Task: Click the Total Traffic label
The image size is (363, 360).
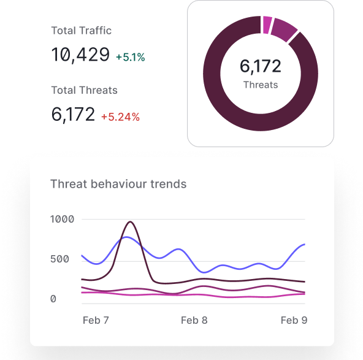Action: pos(81,31)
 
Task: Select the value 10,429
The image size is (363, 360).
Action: pos(80,55)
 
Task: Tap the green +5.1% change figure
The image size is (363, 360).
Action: pos(130,57)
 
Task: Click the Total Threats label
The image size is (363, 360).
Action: pos(84,90)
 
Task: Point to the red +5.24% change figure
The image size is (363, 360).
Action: pos(120,117)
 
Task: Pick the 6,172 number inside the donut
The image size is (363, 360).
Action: pos(261,67)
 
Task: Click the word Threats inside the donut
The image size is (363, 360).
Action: pos(261,85)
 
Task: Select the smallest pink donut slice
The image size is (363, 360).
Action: pos(267,25)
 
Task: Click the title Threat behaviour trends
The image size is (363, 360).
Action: pos(118,183)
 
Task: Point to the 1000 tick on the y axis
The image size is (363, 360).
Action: pos(62,219)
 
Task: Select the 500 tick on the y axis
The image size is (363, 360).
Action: pos(59,259)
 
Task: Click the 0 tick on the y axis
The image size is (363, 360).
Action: pos(53,299)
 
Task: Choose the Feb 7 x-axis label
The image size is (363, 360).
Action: pos(95,320)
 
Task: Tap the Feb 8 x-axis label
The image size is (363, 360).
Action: pos(194,320)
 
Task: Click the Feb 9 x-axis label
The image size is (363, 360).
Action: pos(294,320)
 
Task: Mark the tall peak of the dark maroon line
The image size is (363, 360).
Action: pos(130,222)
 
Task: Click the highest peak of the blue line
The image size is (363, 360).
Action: pos(126,237)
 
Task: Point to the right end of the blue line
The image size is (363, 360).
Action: pos(304,244)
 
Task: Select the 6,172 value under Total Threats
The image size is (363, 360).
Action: pos(73,115)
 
